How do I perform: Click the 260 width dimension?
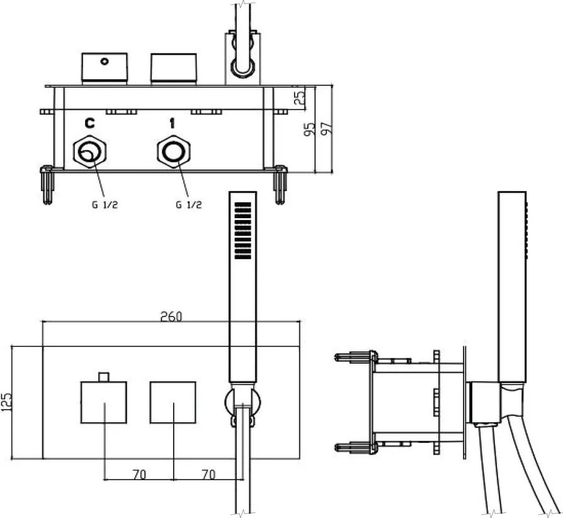click(x=171, y=316)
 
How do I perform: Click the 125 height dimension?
click(x=6, y=402)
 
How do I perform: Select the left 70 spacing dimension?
click(x=139, y=475)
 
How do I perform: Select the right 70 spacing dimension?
click(x=208, y=475)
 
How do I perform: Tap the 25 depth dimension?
click(x=300, y=96)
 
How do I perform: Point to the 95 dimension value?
click(x=309, y=129)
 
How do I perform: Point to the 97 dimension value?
click(x=326, y=129)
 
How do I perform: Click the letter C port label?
click(x=89, y=124)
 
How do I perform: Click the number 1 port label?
click(x=173, y=124)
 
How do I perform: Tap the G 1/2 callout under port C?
click(x=105, y=205)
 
